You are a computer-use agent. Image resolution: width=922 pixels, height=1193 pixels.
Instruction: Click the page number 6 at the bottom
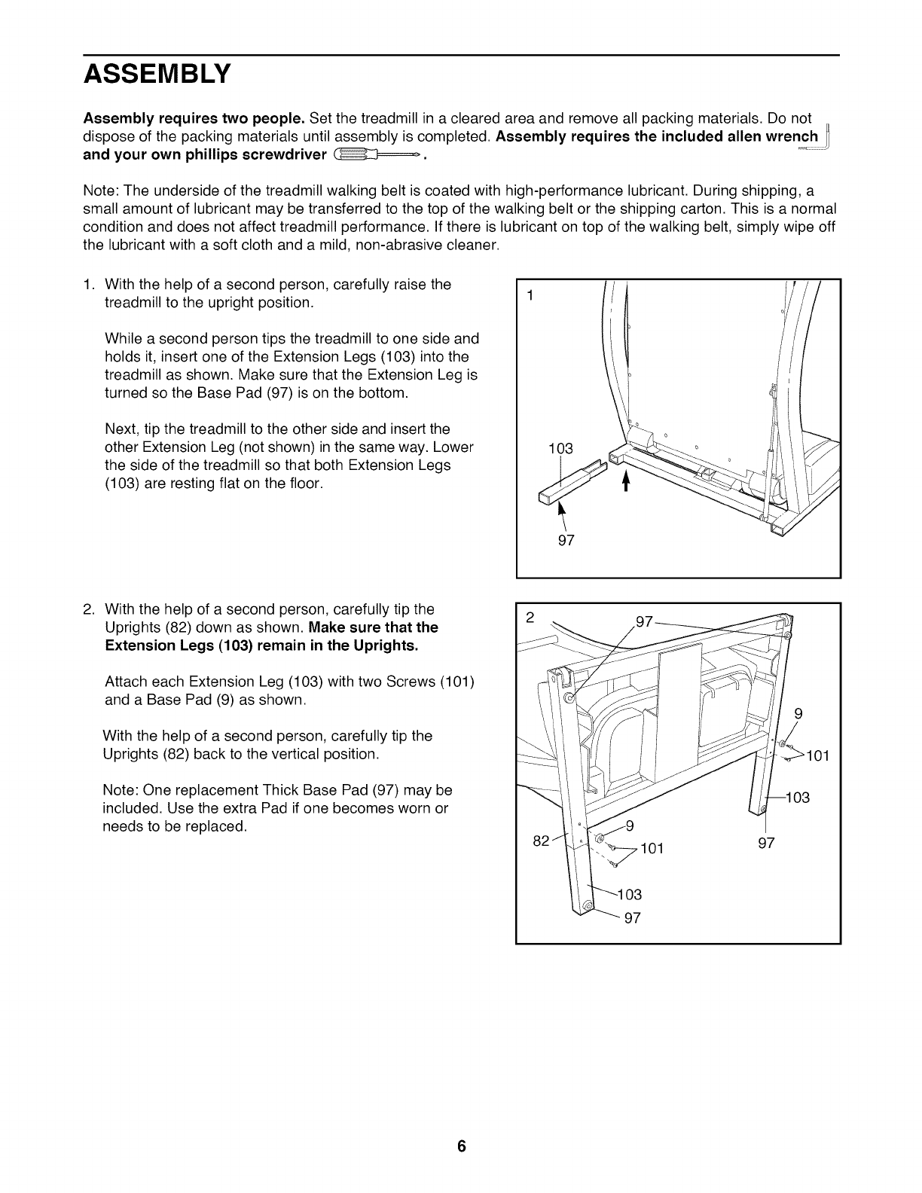(461, 1147)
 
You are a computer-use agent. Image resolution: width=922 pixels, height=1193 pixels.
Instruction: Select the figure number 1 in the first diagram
(530, 296)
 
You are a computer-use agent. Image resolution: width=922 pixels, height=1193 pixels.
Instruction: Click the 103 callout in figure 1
(560, 450)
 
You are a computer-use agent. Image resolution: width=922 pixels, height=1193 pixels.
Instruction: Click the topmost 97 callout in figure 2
(645, 621)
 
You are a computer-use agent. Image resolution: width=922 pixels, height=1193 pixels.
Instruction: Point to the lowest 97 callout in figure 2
(633, 918)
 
